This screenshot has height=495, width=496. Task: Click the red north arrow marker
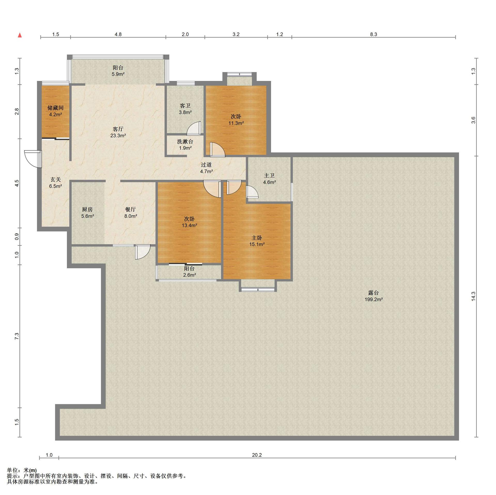[20, 35]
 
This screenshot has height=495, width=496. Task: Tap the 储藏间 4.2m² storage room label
[56, 111]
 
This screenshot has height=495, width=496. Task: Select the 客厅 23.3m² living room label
[118, 132]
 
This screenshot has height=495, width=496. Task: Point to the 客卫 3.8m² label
[185, 109]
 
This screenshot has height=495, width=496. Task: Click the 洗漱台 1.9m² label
[185, 145]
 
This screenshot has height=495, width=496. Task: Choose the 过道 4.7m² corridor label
[206, 168]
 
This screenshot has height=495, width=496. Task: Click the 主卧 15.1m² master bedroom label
[257, 241]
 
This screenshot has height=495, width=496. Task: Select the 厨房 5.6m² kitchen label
[87, 213]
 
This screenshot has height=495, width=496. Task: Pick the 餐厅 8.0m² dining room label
[130, 213]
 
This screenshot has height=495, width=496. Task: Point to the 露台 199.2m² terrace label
[373, 296]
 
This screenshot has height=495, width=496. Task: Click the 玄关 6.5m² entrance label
[56, 183]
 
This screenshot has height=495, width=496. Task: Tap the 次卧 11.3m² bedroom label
[236, 120]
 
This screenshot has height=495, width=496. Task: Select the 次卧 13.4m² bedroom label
[189, 222]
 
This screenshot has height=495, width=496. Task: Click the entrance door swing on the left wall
[32, 159]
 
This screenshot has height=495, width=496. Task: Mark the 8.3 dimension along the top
[374, 34]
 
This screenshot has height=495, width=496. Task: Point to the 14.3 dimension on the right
[473, 296]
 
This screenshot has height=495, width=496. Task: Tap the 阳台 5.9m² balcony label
[118, 71]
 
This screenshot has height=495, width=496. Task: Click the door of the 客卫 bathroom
[194, 128]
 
